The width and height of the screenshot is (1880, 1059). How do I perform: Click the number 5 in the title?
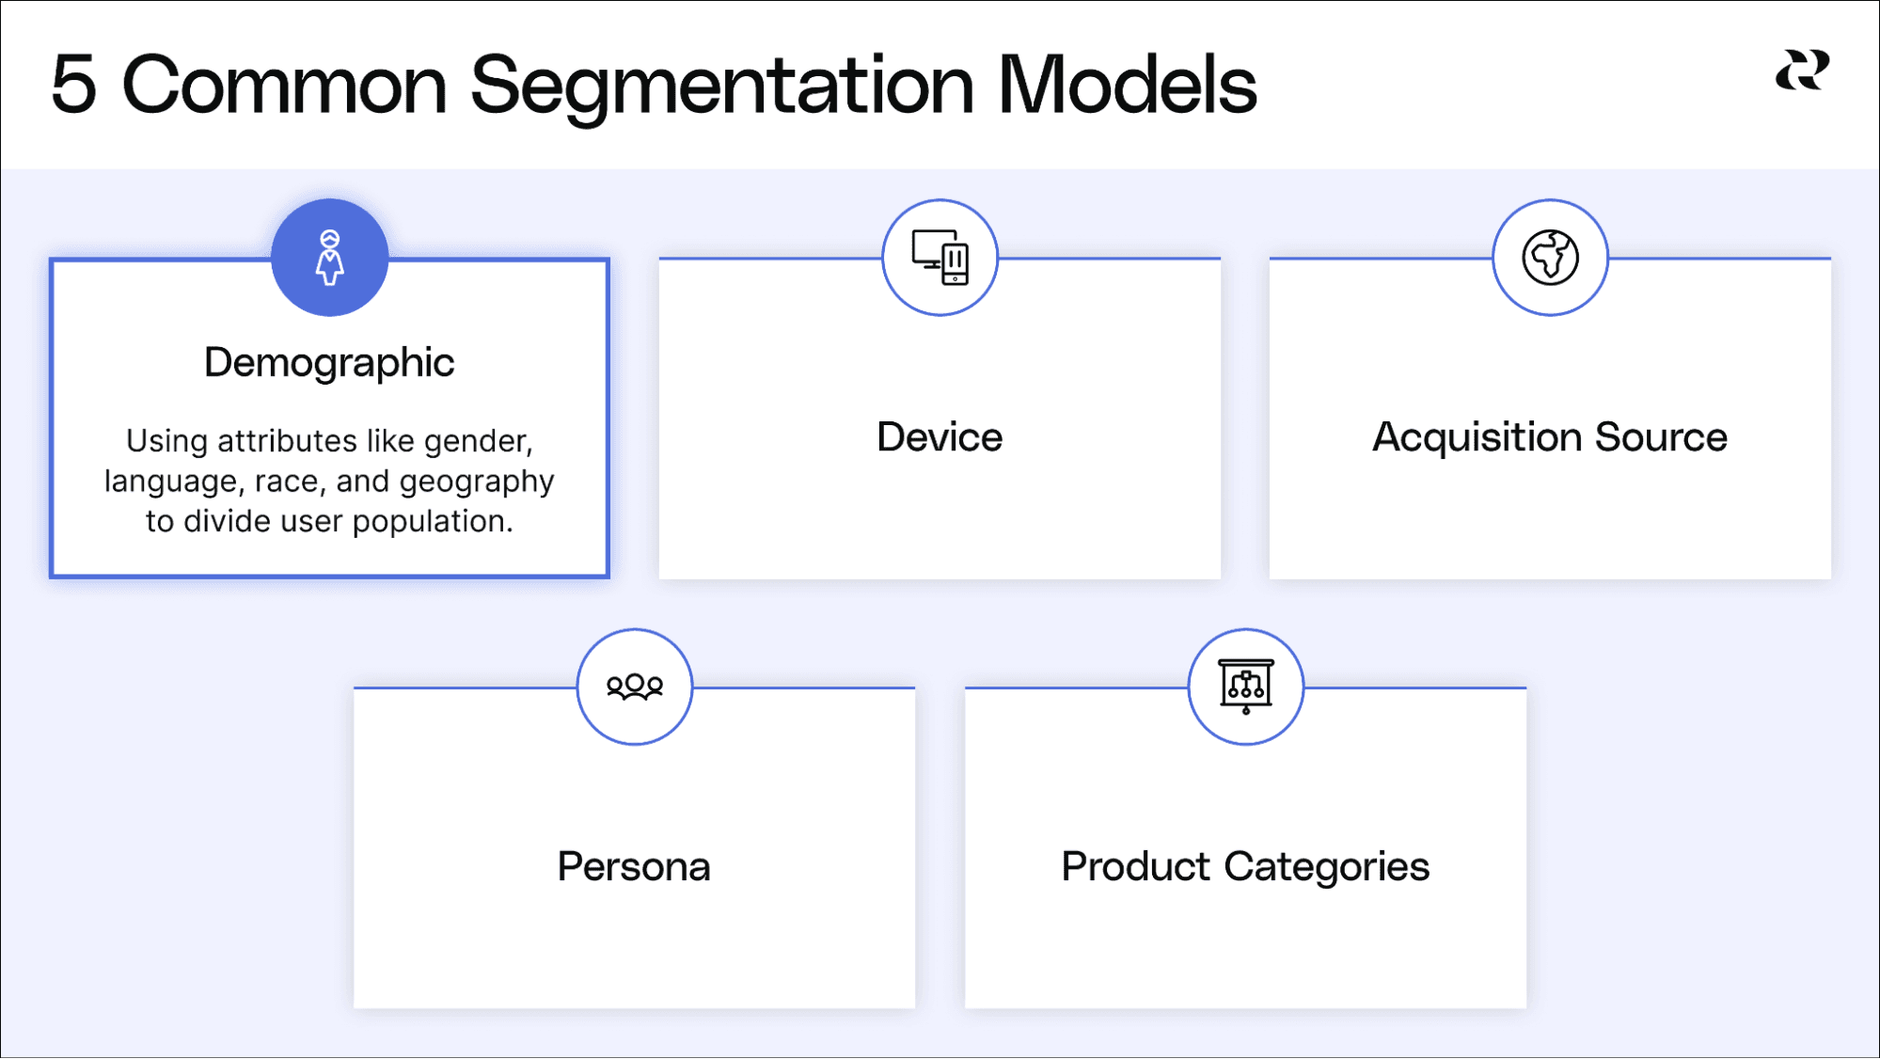point(73,85)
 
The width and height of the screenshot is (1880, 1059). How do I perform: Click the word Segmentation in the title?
point(721,87)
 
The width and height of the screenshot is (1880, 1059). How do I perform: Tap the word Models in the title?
point(1126,85)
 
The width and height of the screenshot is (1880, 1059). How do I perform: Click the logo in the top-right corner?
point(1802,71)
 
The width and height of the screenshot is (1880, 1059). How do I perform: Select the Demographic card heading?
point(329,362)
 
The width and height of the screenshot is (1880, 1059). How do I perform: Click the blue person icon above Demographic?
point(329,258)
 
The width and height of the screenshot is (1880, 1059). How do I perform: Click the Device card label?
point(940,437)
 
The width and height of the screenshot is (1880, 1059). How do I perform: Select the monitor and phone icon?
point(940,257)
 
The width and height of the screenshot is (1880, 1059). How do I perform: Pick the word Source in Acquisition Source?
point(1661,437)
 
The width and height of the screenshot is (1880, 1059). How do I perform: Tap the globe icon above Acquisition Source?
point(1550,257)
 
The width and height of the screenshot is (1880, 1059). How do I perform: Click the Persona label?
point(634,866)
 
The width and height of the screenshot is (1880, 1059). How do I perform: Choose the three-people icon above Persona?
point(635,687)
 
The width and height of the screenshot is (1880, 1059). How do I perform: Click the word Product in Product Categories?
point(1135,866)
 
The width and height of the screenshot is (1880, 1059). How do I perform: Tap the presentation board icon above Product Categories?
point(1246,687)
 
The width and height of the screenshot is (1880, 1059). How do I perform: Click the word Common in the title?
point(284,85)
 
